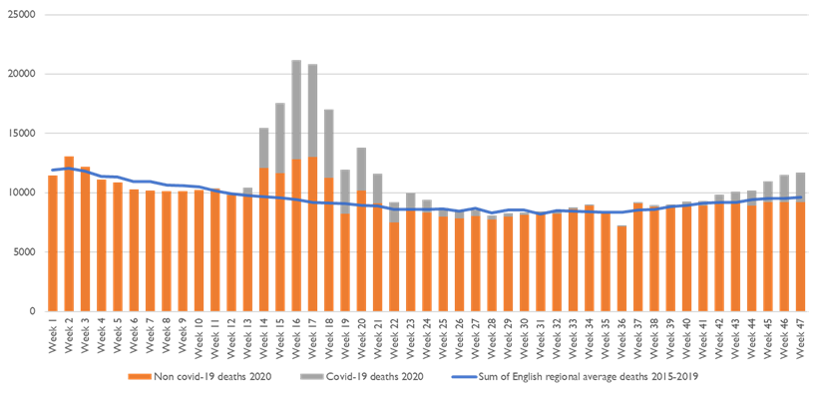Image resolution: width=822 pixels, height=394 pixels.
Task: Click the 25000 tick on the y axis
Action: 21,15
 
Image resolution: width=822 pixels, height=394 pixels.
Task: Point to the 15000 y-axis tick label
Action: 21,133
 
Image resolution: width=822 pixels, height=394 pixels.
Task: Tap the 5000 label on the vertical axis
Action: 24,251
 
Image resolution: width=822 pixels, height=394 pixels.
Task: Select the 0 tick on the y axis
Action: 34,310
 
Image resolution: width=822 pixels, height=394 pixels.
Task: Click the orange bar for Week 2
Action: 69,234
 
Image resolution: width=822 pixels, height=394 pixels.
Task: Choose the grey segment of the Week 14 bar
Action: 263,148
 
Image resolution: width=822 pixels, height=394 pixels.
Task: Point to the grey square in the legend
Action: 309,376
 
